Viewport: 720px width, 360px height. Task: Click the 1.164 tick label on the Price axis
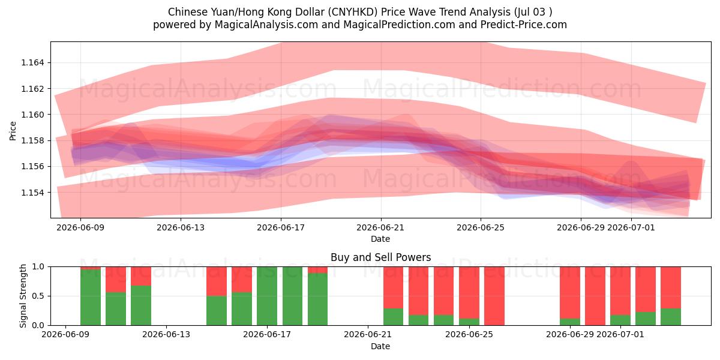32,62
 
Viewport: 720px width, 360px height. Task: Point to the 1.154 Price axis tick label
32,193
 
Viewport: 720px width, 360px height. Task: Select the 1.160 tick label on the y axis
32,115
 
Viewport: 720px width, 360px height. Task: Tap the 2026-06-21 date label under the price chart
380,227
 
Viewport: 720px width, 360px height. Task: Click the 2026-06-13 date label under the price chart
181,227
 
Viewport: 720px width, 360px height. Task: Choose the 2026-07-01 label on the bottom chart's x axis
620,334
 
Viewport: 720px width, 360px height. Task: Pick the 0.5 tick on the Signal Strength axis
38,296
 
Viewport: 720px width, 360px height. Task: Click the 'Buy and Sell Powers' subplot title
380,257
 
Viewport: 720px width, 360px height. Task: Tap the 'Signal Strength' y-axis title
23,296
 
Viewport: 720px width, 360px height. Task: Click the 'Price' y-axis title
13,131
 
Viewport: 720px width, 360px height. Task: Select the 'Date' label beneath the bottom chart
380,346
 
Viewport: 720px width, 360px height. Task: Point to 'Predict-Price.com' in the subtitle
524,25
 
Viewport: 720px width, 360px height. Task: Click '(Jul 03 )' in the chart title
533,12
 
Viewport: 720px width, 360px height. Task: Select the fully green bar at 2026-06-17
267,296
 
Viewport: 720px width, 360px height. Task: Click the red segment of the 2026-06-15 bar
217,281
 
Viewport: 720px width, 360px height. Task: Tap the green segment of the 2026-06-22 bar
393,317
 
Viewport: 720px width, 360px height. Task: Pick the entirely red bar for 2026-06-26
494,296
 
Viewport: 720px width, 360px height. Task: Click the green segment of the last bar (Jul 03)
671,317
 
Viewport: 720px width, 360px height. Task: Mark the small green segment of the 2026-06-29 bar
570,322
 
